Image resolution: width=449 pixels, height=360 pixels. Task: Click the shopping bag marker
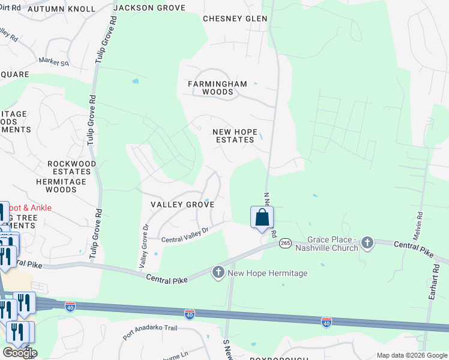(262, 218)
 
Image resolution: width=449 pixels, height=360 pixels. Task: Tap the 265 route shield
(285, 243)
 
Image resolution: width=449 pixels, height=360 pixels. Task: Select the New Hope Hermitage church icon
(218, 273)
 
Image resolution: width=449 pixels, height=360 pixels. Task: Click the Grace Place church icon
(367, 243)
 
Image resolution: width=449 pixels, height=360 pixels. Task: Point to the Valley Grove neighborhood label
(182, 205)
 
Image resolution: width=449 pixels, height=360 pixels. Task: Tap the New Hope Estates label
(235, 136)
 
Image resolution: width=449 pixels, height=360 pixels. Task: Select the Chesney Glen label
(235, 19)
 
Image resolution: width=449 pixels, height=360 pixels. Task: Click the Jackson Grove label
(149, 8)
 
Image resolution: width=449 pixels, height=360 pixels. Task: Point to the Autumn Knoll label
(62, 9)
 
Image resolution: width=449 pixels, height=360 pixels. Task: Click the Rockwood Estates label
(72, 167)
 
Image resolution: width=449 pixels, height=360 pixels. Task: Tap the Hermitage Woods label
(65, 185)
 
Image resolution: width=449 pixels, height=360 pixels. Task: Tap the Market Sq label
(54, 61)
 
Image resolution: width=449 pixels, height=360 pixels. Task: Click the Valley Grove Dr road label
(144, 246)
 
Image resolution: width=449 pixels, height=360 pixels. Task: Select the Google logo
(20, 353)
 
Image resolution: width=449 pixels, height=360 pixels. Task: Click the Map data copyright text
(411, 355)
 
